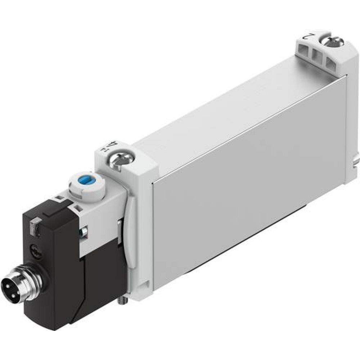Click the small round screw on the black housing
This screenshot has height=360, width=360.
35,248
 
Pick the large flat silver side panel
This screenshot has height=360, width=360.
245,187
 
